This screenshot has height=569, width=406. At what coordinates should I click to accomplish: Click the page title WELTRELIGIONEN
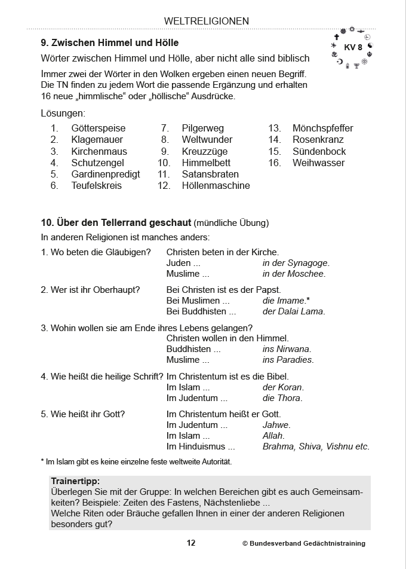click(x=206, y=21)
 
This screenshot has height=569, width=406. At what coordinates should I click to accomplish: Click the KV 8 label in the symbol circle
click(x=353, y=47)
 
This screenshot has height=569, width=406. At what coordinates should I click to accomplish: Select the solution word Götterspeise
click(x=99, y=128)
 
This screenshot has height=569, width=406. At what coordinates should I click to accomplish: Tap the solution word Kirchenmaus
click(x=99, y=151)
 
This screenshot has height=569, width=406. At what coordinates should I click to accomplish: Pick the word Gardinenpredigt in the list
click(x=106, y=174)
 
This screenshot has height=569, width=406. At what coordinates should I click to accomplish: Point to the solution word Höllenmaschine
click(x=216, y=185)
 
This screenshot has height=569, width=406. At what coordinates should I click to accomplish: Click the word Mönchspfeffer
click(x=322, y=128)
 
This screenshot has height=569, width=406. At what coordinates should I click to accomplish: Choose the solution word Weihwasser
click(x=318, y=163)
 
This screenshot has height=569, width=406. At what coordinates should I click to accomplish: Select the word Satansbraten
click(x=210, y=174)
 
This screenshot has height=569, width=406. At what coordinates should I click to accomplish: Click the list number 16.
click(x=275, y=163)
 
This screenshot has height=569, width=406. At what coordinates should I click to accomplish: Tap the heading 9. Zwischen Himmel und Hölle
click(x=110, y=43)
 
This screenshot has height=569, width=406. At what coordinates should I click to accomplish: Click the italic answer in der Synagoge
click(x=296, y=263)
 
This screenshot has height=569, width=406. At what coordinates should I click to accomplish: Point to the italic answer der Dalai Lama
click(x=294, y=311)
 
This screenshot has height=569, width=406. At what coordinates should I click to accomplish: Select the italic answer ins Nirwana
click(x=287, y=349)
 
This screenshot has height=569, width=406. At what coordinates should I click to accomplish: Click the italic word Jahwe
click(x=276, y=425)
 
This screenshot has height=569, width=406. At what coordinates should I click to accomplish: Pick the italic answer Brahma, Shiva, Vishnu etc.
click(x=316, y=446)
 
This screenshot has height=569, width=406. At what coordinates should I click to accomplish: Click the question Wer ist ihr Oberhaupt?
click(x=90, y=290)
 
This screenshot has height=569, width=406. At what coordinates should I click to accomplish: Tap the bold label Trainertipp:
click(x=75, y=481)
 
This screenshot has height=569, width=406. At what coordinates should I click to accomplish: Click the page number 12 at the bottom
click(x=190, y=543)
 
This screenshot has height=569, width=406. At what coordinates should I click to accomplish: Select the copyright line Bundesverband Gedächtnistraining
click(x=304, y=544)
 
